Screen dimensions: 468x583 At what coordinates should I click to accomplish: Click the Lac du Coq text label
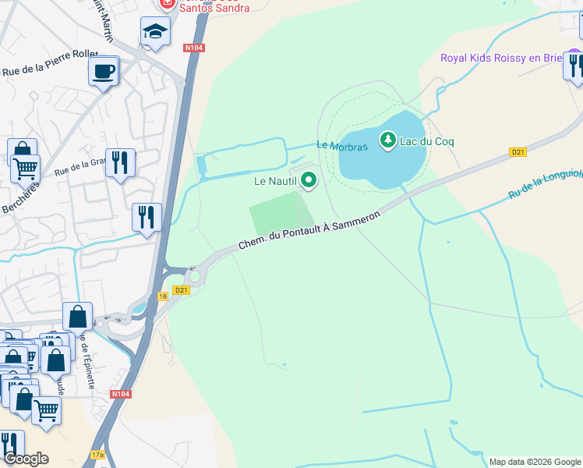click(x=427, y=141)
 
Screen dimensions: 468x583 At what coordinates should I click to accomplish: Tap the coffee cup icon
click(x=103, y=73)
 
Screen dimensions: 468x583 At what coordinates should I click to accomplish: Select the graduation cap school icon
click(x=155, y=32)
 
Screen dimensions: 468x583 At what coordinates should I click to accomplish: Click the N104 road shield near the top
click(x=195, y=48)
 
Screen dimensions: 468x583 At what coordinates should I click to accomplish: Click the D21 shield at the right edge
click(x=518, y=152)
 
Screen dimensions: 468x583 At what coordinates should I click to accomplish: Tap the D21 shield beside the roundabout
click(x=182, y=290)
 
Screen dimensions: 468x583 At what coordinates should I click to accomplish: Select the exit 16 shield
click(x=163, y=296)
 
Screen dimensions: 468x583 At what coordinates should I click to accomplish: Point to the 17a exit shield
click(x=97, y=454)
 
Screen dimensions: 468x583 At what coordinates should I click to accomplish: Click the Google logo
click(x=26, y=459)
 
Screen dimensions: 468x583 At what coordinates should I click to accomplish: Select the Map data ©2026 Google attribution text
click(x=534, y=462)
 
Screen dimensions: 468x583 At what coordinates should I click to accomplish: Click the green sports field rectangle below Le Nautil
click(x=275, y=211)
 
